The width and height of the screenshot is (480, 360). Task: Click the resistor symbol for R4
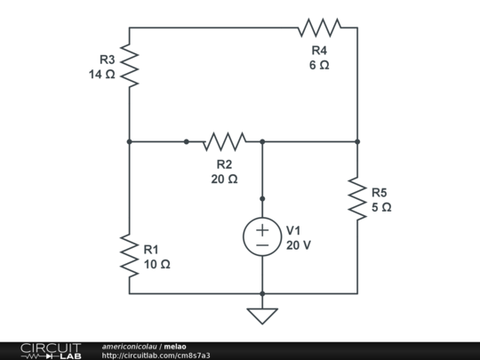click(319, 28)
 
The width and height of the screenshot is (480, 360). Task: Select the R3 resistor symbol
click(130, 67)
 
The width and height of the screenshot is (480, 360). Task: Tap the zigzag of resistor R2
click(224, 141)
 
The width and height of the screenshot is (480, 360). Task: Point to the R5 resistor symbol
click(357, 198)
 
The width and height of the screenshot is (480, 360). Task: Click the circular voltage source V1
click(262, 236)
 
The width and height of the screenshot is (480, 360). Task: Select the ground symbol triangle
click(262, 316)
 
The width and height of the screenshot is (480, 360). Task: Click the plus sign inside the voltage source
click(262, 229)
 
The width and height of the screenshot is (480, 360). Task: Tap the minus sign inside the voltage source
click(262, 244)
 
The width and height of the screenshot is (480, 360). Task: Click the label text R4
click(319, 52)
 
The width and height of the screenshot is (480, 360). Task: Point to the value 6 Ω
click(319, 67)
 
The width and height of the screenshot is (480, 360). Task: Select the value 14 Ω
click(102, 75)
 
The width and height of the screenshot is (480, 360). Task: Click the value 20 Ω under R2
click(224, 179)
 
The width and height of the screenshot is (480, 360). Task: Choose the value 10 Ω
click(156, 264)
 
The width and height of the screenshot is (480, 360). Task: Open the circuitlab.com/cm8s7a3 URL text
click(156, 356)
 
